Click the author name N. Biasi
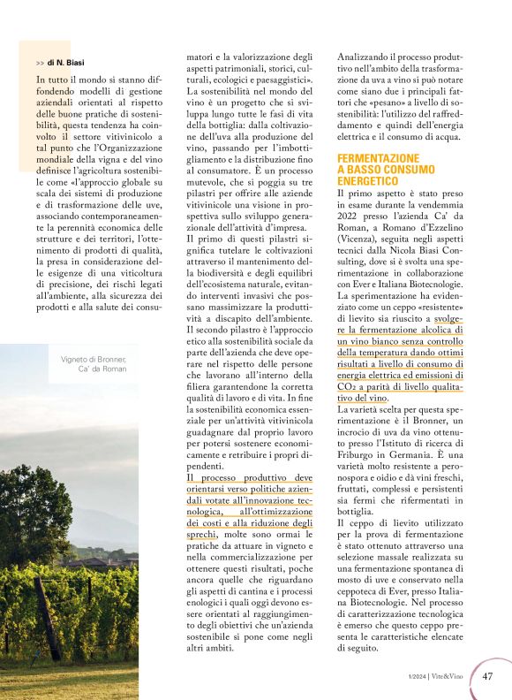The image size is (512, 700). [x=68, y=63]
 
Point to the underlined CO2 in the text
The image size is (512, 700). [x=347, y=386]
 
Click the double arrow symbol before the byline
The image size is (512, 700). [x=40, y=63]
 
